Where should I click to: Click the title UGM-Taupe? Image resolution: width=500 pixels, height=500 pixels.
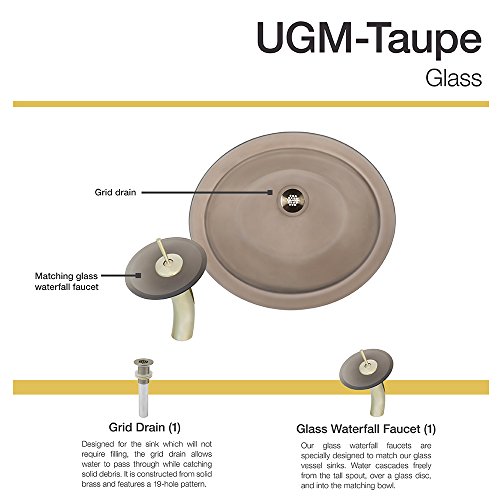tap(369, 39)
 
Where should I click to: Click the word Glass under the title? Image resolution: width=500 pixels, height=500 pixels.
tap(453, 78)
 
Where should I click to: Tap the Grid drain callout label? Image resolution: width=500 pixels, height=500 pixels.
tap(115, 192)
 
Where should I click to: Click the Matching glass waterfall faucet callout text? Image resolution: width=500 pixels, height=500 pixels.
tap(67, 281)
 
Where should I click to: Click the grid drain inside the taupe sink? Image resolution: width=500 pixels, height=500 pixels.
tap(293, 200)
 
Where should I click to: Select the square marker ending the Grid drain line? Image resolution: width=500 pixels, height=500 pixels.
tap(270, 192)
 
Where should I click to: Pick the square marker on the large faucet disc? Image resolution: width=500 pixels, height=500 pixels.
tap(138, 275)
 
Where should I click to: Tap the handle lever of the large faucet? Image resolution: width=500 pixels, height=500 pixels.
tap(162, 252)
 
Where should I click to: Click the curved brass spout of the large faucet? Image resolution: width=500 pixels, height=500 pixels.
tap(181, 315)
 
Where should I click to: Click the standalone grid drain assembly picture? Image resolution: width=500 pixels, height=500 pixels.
tap(143, 387)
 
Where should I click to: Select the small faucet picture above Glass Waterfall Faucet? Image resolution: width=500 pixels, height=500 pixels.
tap(366, 383)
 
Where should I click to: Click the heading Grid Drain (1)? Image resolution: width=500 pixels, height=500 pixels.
tap(144, 427)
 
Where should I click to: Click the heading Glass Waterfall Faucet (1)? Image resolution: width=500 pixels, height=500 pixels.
tap(366, 429)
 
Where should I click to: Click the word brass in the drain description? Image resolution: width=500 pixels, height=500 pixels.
tap(90, 484)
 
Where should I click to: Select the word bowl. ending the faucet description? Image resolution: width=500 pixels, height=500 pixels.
tap(387, 486)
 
